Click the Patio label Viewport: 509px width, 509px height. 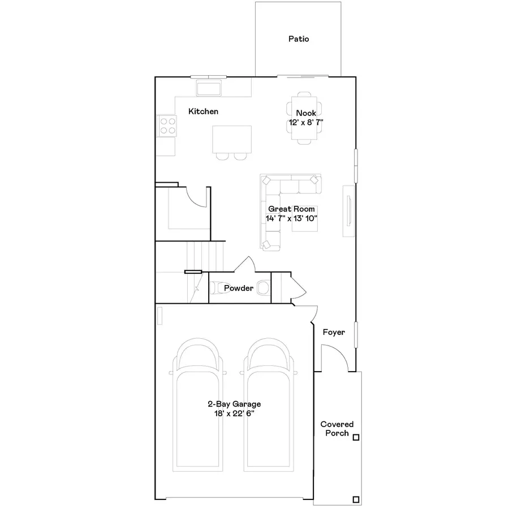point(299,39)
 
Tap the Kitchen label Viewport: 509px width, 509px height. point(203,111)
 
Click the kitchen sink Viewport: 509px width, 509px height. point(209,88)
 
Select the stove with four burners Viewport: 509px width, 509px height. point(167,125)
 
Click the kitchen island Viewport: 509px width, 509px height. point(232,139)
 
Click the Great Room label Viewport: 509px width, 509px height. point(291,209)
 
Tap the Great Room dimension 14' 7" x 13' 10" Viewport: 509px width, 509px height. point(291,218)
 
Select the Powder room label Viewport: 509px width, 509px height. point(238,288)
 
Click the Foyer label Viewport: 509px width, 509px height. point(334,333)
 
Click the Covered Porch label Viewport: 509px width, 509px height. point(337,429)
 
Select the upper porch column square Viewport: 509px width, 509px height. point(356,437)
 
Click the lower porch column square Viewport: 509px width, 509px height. point(356,499)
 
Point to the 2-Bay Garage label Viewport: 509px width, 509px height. point(234,404)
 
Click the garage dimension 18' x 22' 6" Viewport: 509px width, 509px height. point(234,413)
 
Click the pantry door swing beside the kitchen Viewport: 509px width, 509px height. point(198,198)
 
